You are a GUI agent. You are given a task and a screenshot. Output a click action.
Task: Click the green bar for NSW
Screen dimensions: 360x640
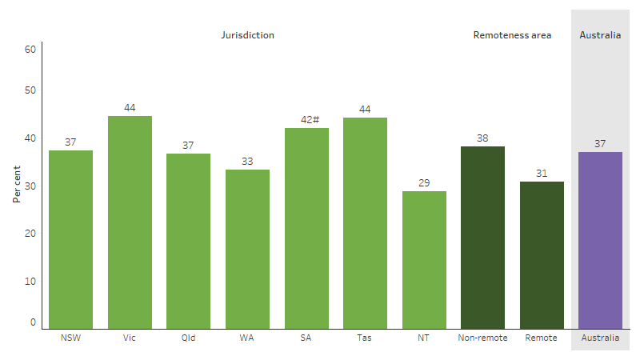click(x=70, y=239)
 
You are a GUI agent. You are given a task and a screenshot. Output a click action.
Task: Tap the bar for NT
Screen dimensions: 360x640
click(x=424, y=259)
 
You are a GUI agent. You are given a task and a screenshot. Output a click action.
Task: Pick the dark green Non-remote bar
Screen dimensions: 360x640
click(x=482, y=237)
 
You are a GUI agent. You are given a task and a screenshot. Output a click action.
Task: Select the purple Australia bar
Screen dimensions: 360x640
click(x=600, y=240)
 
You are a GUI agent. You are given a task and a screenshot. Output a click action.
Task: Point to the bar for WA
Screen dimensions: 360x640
click(x=247, y=249)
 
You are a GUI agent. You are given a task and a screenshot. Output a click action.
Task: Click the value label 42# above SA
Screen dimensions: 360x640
click(x=306, y=120)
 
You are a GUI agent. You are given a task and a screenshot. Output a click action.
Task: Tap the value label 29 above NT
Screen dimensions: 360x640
click(x=424, y=183)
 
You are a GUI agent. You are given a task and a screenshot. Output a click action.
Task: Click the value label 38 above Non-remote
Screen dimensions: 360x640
click(x=482, y=138)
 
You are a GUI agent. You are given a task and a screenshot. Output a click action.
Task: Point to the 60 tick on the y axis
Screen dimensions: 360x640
click(x=30, y=49)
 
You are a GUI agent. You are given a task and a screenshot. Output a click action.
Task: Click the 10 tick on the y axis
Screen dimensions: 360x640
click(x=32, y=281)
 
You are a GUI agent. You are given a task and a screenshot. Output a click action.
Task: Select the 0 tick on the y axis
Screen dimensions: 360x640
click(x=34, y=322)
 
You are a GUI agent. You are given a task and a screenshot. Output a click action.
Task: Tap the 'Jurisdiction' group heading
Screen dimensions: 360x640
click(x=247, y=35)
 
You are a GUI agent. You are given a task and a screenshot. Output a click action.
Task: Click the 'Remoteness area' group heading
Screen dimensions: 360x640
click(x=512, y=35)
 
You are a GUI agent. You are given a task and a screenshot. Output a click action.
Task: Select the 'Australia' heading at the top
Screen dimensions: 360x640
click(x=600, y=35)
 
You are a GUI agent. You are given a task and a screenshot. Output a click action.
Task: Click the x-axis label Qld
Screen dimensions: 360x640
click(x=188, y=338)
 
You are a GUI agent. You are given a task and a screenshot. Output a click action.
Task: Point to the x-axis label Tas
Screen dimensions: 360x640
click(x=365, y=338)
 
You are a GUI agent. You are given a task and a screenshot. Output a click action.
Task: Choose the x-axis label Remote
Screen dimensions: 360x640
click(x=542, y=338)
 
